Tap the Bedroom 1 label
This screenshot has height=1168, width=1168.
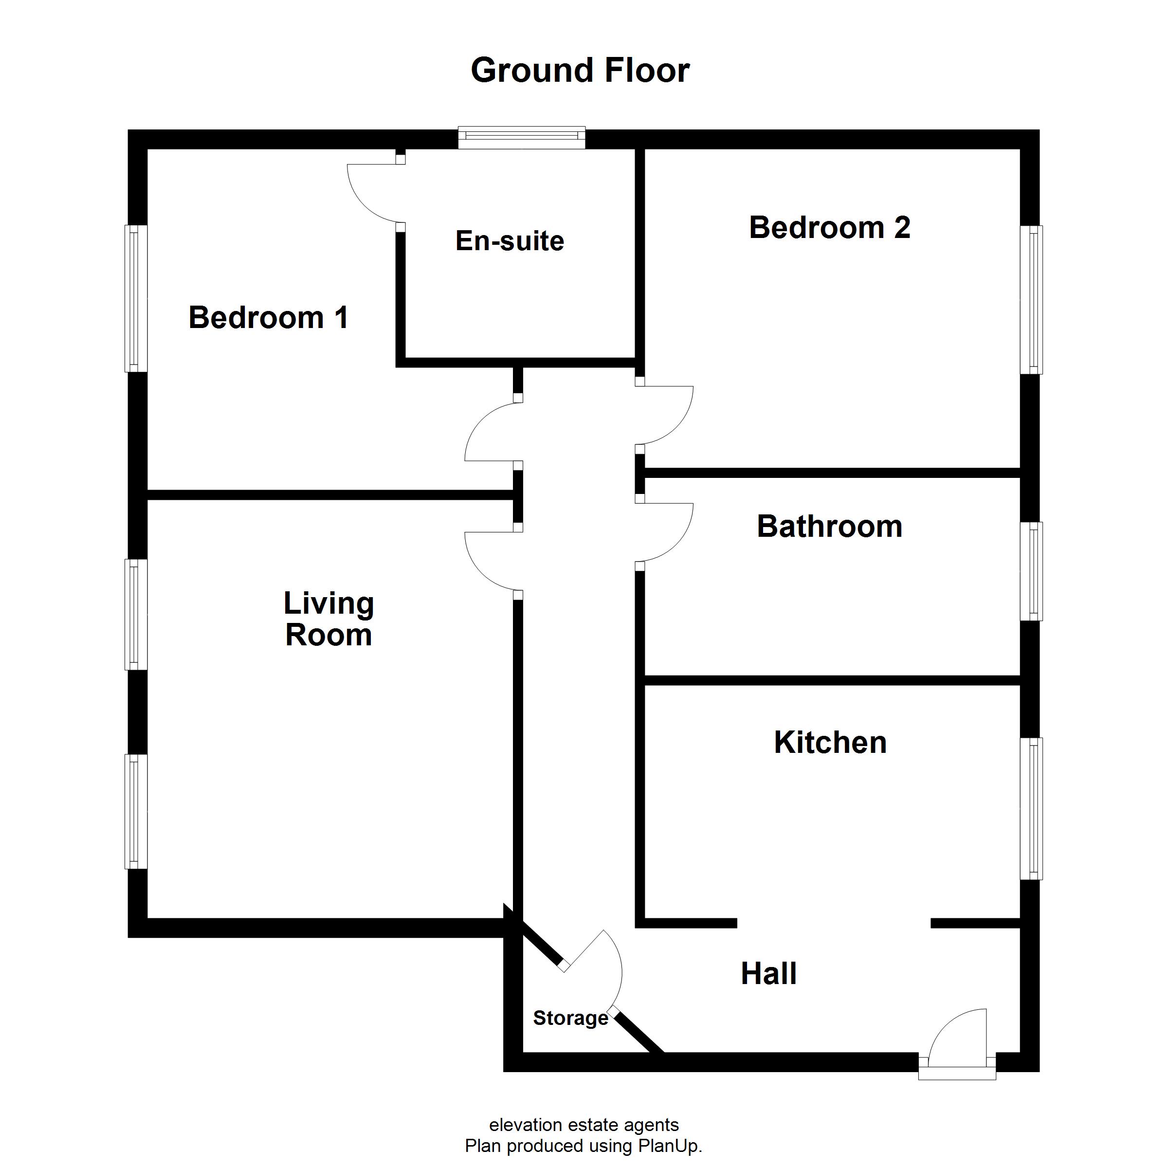click(269, 317)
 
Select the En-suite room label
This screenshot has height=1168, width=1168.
click(510, 240)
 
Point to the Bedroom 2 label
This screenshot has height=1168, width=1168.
click(829, 228)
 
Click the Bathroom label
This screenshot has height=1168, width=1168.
click(829, 526)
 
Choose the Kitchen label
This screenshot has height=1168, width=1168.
click(830, 742)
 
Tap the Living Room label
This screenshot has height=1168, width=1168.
click(329, 619)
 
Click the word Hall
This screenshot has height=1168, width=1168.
click(768, 973)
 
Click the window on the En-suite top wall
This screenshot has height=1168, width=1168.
click(522, 138)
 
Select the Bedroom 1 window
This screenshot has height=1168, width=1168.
click(136, 299)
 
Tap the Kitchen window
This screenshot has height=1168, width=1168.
click(1031, 809)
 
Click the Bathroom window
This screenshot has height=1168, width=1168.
click(1031, 571)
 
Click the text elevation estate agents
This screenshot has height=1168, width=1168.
click(584, 1125)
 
